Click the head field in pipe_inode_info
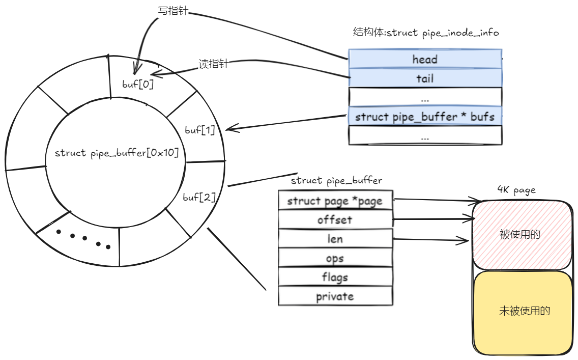point(425,59)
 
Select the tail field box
point(425,78)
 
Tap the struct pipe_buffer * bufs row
point(425,117)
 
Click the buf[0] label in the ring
point(138,84)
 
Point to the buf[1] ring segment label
point(199,130)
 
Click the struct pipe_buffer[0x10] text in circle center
point(117,153)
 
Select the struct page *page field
point(335,201)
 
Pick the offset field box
point(335,220)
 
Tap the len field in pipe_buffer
point(335,239)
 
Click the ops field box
point(335,258)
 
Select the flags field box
point(335,277)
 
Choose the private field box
point(335,296)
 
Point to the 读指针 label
point(213,64)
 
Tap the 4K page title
point(516,190)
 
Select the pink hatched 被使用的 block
point(520,235)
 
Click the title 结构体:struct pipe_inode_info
point(425,33)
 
